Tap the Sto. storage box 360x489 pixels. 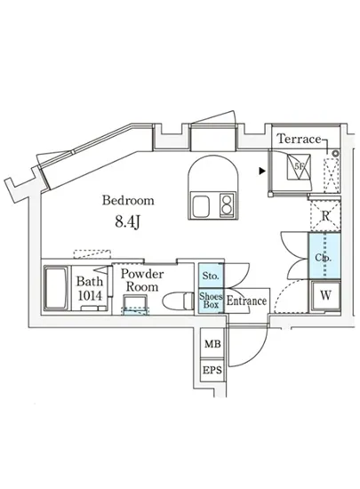[x=210, y=277]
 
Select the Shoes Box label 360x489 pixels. [x=210, y=300]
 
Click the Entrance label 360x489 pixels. [x=247, y=301]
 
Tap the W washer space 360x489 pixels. [x=324, y=294]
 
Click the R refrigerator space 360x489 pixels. [x=325, y=215]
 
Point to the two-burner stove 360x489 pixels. [x=226, y=205]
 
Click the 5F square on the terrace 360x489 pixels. [x=300, y=166]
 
